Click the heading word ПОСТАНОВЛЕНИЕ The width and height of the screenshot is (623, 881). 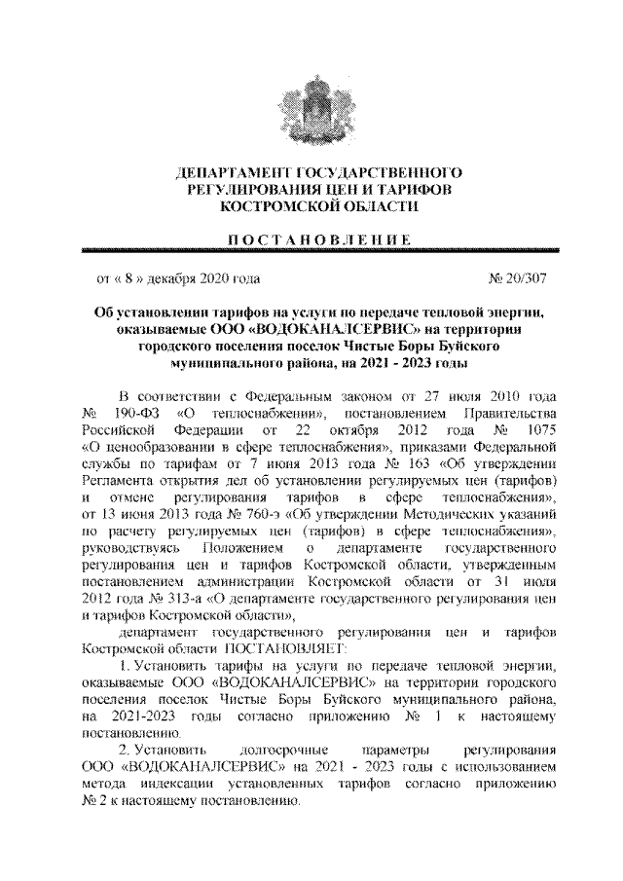311,239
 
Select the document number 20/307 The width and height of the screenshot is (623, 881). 518,278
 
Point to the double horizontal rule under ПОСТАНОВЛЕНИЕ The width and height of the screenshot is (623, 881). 311,250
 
